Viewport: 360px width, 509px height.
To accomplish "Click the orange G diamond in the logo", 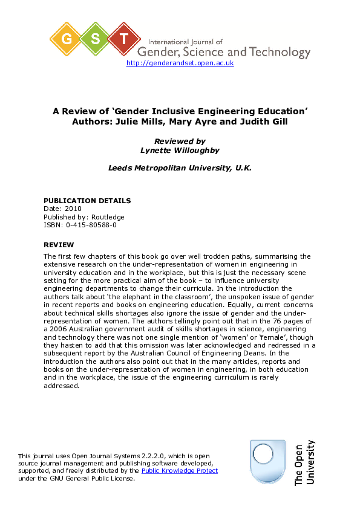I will [67, 39].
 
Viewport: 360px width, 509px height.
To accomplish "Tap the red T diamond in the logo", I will [125, 39].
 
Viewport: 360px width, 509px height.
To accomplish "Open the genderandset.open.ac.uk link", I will [180, 63].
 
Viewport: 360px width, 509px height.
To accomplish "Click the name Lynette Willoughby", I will [180, 149].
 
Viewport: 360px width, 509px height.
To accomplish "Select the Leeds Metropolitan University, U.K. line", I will [180, 167].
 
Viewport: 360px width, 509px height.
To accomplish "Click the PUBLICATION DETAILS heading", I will [87, 201].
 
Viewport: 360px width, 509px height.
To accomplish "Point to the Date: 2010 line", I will [62, 209].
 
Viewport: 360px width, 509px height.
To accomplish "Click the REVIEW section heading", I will [59, 245].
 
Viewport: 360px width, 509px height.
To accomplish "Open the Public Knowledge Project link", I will [179, 470].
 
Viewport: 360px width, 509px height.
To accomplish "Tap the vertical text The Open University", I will [304, 462].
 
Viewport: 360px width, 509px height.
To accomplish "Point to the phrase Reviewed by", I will [180, 141].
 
